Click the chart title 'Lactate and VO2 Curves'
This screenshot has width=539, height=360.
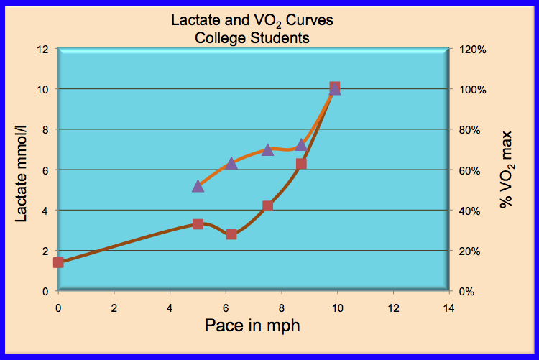(x=252, y=21)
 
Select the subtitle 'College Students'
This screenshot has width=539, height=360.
(x=252, y=37)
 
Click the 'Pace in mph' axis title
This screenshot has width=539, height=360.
(x=252, y=325)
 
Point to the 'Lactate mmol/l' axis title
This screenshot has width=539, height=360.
(x=23, y=170)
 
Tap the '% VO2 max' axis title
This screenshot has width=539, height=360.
(x=507, y=170)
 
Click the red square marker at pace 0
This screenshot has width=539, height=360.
(x=58, y=262)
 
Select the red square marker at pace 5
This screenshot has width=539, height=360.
(x=198, y=224)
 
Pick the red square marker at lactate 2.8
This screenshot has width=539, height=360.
(x=231, y=234)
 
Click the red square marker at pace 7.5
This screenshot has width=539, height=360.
(x=267, y=206)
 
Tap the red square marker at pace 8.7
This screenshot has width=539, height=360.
(x=301, y=164)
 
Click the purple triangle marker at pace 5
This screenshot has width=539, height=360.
(x=198, y=185)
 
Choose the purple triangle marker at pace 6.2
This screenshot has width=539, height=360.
(x=231, y=164)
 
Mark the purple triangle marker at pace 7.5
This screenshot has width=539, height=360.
(x=267, y=149)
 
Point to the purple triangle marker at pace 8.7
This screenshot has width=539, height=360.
(x=301, y=144)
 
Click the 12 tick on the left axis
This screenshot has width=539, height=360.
(x=44, y=49)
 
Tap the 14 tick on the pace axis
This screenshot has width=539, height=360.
(x=449, y=307)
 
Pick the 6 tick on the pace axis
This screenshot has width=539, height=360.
(x=226, y=307)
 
